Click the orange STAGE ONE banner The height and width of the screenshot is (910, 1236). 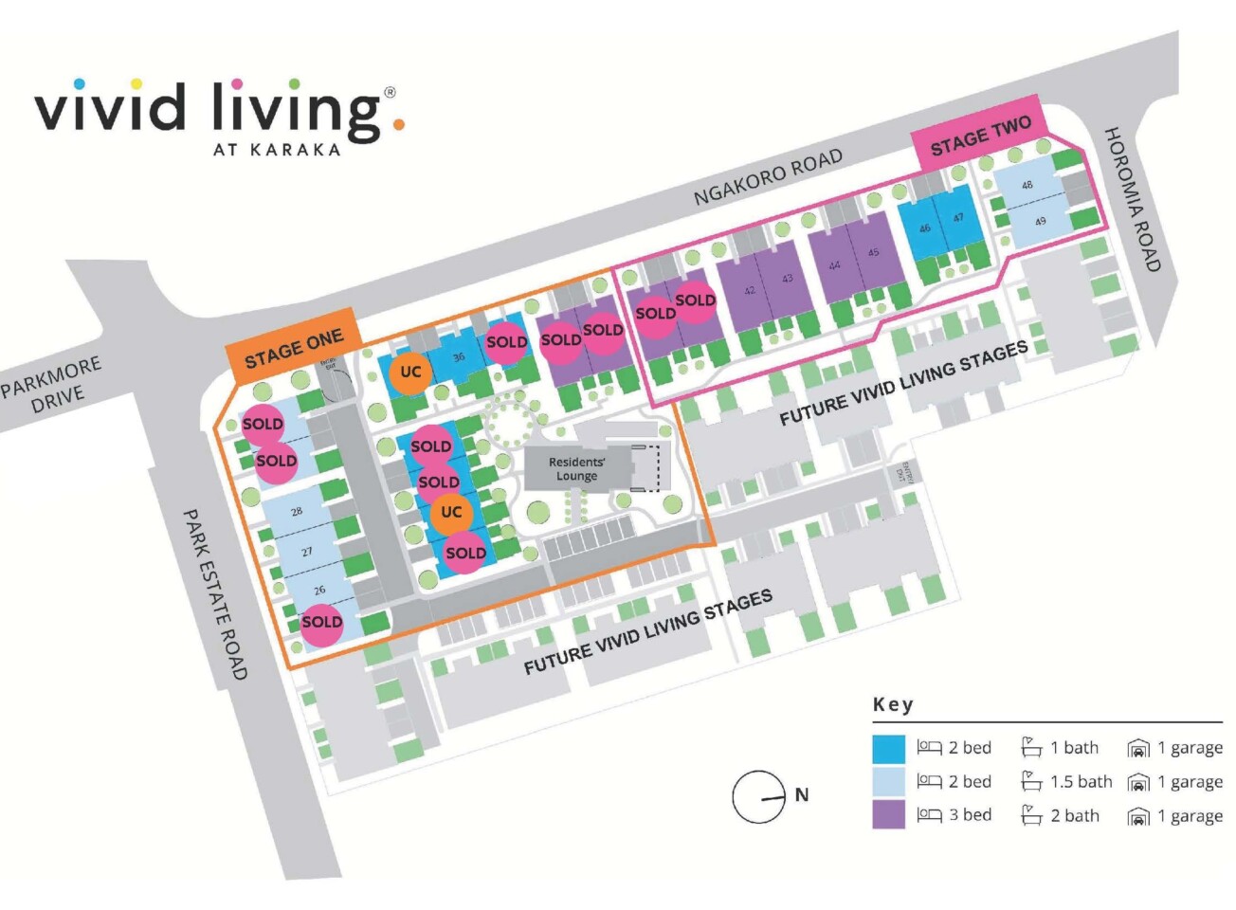(292, 347)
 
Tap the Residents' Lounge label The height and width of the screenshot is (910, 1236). (576, 468)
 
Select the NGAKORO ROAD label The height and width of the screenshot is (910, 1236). (767, 177)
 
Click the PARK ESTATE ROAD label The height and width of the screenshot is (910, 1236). (214, 593)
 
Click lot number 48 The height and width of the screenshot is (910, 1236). (1027, 186)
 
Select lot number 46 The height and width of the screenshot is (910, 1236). (924, 227)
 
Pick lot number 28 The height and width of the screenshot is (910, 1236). (297, 511)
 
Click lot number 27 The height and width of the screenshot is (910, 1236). (307, 551)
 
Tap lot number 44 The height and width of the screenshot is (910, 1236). (834, 265)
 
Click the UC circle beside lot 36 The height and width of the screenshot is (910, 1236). (410, 372)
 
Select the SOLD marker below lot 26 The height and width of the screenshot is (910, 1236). (322, 622)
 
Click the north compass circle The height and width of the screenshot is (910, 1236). (758, 796)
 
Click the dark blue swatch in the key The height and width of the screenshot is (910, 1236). (889, 748)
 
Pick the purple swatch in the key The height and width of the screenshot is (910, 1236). (889, 815)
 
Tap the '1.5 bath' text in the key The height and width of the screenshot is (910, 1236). (1081, 782)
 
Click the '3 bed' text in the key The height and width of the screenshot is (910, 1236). (970, 815)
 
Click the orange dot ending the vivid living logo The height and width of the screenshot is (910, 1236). (399, 124)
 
